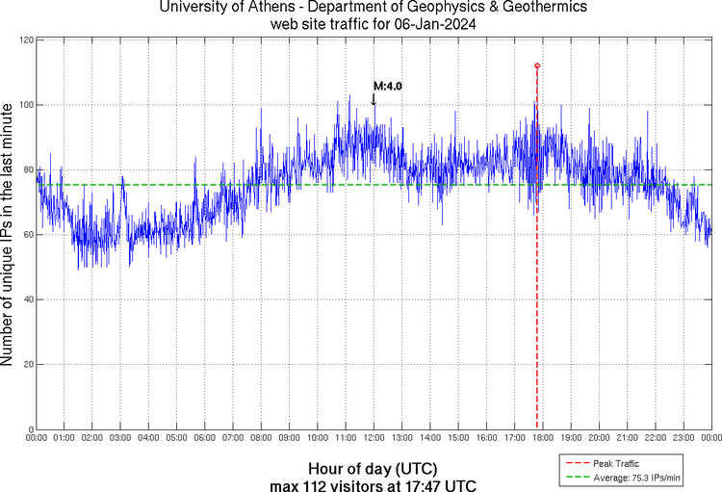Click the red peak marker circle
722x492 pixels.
pyautogui.click(x=537, y=65)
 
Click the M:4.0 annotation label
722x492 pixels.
pyautogui.click(x=387, y=86)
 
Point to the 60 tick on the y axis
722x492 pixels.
pyautogui.click(x=26, y=234)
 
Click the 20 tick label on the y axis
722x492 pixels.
pyautogui.click(x=26, y=364)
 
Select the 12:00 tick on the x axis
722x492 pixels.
pyautogui.click(x=374, y=438)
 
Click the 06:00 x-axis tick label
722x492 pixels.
pyautogui.click(x=205, y=438)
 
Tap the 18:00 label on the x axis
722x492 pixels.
pyautogui.click(x=543, y=438)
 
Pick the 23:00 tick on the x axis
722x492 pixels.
pyautogui.click(x=683, y=438)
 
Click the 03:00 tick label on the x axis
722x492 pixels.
pyautogui.click(x=120, y=438)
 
